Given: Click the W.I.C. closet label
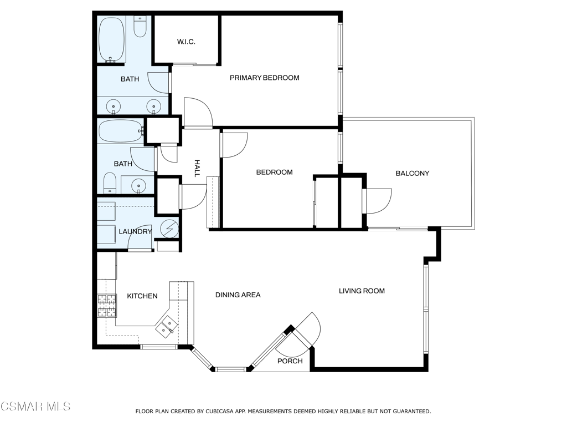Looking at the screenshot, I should click(186, 42).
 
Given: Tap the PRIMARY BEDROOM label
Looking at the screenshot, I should click(264, 78).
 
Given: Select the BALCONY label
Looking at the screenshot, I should click(412, 173).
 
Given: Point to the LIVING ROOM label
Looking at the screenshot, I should click(362, 291).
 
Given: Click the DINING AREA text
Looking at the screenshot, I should click(238, 295).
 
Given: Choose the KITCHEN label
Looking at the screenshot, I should click(142, 296).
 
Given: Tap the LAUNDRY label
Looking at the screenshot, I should click(135, 231).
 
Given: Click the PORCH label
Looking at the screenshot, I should click(290, 361).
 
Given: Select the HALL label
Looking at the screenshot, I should click(197, 169).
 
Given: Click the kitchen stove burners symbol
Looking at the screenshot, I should click(107, 306).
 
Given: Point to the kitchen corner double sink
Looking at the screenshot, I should click(167, 326).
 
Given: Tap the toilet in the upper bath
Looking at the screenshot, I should click(140, 26).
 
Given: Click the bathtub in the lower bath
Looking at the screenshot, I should click(121, 131).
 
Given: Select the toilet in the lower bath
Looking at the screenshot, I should click(110, 182).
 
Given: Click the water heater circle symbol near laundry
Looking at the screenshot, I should click(170, 228).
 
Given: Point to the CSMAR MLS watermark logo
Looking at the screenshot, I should click(35, 407).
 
